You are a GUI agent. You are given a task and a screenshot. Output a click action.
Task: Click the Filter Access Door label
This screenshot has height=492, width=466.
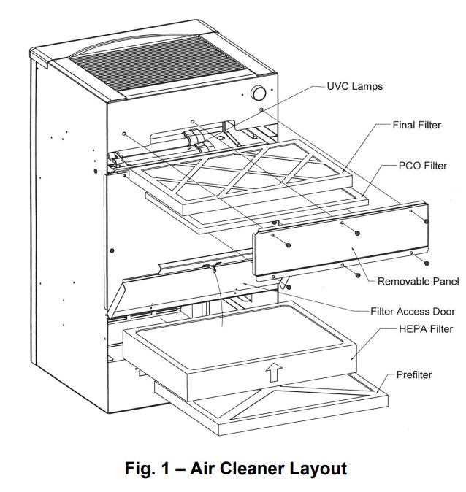(402, 310)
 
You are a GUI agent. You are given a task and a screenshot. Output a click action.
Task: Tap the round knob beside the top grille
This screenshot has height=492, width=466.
(257, 93)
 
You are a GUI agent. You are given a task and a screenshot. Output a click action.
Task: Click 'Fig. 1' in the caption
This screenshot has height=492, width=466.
(143, 468)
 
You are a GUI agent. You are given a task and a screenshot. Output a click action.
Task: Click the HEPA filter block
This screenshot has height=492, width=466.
(241, 350)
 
